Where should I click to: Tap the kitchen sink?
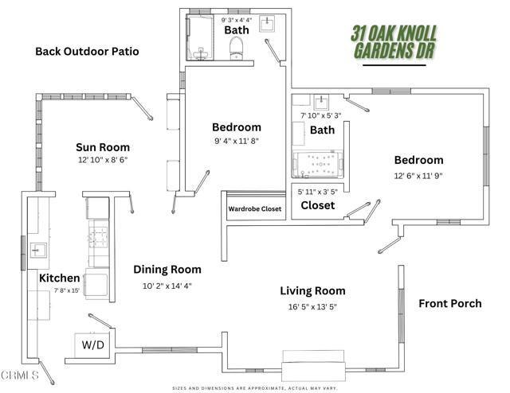[36, 250]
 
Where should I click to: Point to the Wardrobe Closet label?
[255, 210]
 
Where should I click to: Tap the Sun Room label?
[103, 147]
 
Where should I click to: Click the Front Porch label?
[450, 303]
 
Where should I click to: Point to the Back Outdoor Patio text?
[87, 51]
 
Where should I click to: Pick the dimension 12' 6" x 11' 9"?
[418, 176]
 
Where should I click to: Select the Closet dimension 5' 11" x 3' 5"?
[319, 191]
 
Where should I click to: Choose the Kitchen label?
[60, 278]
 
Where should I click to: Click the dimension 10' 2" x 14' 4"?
[167, 286]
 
